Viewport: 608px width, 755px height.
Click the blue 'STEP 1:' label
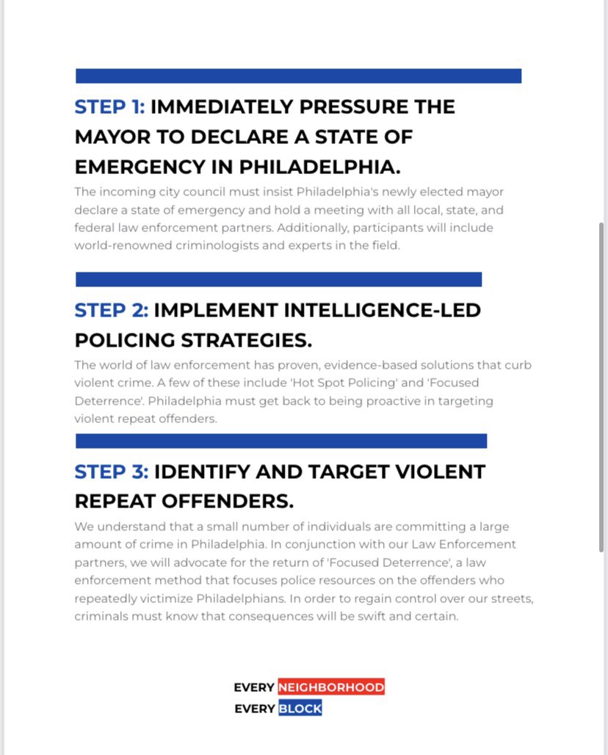click(109, 107)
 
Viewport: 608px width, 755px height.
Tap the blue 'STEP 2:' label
click(111, 311)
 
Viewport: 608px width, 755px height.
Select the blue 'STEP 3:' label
click(111, 472)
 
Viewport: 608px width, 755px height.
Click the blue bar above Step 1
click(298, 76)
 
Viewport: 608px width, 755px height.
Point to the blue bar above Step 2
click(278, 280)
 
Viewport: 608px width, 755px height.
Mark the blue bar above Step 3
click(281, 441)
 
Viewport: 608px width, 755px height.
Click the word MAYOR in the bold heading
click(109, 137)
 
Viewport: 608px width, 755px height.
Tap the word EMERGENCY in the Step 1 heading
click(140, 167)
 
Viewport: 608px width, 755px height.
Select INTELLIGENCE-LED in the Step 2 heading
click(316, 311)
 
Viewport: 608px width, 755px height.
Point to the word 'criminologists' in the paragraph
click(213, 245)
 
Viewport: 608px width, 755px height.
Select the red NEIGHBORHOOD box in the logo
click(331, 687)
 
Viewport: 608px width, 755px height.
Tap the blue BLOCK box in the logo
click(300, 709)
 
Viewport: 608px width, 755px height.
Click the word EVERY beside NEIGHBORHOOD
click(254, 687)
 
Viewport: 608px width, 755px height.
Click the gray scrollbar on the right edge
click(601, 386)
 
